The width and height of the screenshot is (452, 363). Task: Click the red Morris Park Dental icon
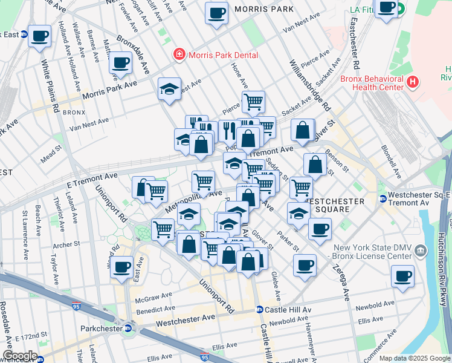pos(179,56)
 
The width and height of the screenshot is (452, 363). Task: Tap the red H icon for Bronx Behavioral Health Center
pos(413,81)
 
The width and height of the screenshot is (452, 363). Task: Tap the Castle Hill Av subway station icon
pos(259,310)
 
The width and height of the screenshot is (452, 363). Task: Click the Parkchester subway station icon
pos(128,329)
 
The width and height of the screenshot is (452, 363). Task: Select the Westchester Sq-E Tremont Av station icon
pos(383,199)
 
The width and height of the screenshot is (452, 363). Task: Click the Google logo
pos(19,355)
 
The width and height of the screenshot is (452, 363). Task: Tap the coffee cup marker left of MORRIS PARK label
pos(216,12)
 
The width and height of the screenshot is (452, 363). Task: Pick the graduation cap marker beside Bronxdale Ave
pos(170,88)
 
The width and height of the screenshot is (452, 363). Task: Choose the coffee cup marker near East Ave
pos(122,266)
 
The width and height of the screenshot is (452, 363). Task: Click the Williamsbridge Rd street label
pos(309,85)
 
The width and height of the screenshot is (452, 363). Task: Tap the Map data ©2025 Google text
pos(414,358)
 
